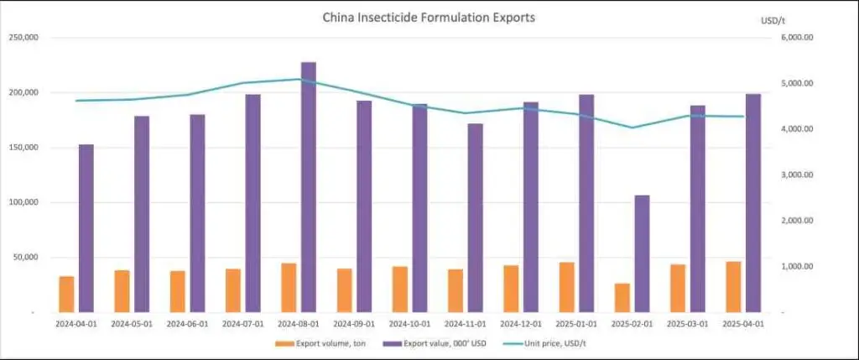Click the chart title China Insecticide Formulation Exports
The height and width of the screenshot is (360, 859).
(429, 17)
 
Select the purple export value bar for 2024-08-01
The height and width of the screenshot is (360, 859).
(309, 186)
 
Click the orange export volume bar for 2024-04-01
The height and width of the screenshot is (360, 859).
(66, 294)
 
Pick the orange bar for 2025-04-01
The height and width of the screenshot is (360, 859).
(734, 286)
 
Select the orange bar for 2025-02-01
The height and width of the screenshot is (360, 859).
(622, 297)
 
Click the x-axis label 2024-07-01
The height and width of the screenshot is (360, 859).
(242, 323)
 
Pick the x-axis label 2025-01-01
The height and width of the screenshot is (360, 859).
(577, 323)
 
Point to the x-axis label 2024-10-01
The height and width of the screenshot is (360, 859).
(409, 323)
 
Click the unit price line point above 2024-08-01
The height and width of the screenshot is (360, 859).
(299, 80)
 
